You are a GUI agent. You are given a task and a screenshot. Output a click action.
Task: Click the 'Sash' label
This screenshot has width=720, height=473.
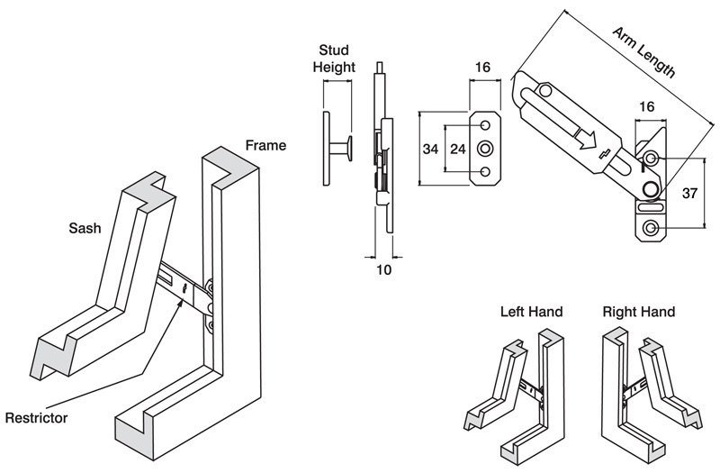[85, 228]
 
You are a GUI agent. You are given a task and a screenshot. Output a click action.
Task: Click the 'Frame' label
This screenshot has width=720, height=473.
[265, 145]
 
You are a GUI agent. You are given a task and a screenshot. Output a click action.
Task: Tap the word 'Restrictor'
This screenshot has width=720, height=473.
[36, 418]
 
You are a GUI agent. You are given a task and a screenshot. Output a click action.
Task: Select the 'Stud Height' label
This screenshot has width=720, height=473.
[334, 59]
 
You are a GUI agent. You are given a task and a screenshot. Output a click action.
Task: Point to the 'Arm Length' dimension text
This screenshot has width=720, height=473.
[643, 53]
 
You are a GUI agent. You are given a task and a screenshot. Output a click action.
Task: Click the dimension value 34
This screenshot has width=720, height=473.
[431, 149]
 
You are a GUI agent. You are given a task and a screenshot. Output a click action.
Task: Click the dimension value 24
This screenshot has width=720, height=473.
[457, 149]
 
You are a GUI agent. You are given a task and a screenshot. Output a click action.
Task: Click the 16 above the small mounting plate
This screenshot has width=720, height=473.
[482, 68]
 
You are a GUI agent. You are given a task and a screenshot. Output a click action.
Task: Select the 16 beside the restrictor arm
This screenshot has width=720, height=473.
[646, 107]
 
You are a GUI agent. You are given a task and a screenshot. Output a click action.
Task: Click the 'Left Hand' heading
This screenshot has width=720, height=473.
[531, 313]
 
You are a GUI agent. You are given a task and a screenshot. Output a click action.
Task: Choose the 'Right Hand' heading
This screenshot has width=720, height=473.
[639, 313]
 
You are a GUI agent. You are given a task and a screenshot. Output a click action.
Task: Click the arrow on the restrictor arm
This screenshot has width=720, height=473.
[584, 137]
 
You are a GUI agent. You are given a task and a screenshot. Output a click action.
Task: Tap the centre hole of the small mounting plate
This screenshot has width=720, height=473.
[486, 148]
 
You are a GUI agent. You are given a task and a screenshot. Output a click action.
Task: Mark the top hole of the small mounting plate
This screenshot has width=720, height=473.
[486, 124]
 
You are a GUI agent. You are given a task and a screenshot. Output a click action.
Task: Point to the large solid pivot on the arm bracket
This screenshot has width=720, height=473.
[649, 186]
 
